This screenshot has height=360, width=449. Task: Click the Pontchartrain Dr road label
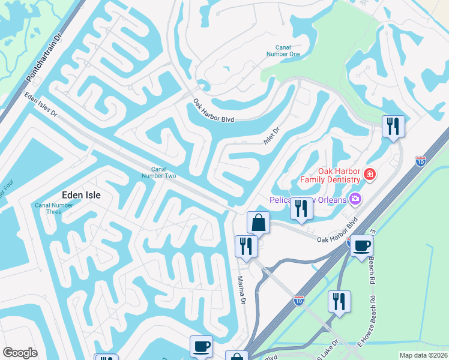click(x=45, y=58)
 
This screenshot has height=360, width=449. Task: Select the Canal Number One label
click(x=287, y=51)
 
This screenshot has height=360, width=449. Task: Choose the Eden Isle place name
click(x=81, y=195)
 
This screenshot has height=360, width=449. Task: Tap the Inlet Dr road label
click(x=272, y=135)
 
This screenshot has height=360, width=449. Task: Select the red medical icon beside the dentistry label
click(x=370, y=175)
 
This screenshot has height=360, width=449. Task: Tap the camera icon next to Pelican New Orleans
click(x=355, y=198)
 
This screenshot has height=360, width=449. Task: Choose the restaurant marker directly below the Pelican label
click(x=301, y=208)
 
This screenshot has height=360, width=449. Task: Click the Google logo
click(x=20, y=353)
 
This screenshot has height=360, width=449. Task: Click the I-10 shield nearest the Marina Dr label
click(x=299, y=299)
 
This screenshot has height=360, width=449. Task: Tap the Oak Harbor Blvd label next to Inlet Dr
click(x=213, y=111)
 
